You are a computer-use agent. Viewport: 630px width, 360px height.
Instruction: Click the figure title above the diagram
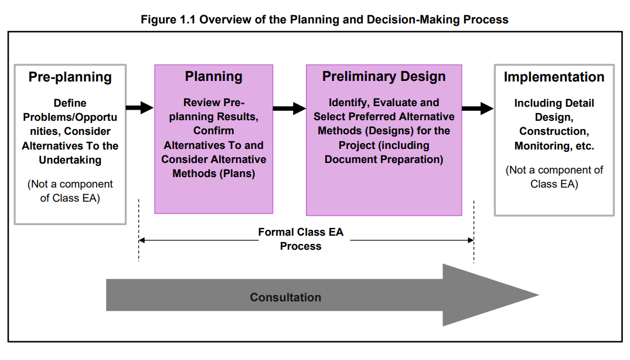[324, 20]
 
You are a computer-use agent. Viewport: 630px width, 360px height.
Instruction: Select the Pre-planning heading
[70, 77]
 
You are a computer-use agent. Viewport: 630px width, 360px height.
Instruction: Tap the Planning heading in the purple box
[214, 76]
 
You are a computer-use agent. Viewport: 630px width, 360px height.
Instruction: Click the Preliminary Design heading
[384, 76]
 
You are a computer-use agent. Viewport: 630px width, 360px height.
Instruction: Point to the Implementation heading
[554, 77]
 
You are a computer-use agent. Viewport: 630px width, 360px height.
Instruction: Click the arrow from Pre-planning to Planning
[140, 108]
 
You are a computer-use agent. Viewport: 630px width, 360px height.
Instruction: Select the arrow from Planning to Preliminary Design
[290, 108]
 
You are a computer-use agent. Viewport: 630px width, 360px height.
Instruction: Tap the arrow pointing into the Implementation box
[478, 108]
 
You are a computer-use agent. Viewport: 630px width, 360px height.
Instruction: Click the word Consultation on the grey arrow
[285, 297]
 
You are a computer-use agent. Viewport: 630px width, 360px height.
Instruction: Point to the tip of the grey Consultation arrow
[539, 295]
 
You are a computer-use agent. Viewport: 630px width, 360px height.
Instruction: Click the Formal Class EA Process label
[301, 239]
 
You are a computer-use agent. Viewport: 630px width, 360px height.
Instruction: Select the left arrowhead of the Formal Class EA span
[141, 240]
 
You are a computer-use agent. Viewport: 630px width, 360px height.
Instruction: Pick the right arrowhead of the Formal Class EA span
[471, 240]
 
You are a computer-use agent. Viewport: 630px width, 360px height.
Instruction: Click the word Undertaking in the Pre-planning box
[70, 160]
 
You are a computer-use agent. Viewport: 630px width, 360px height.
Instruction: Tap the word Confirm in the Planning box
[214, 131]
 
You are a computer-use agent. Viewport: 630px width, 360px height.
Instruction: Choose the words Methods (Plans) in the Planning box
[214, 174]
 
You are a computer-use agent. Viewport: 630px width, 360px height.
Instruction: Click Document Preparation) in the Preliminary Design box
[384, 159]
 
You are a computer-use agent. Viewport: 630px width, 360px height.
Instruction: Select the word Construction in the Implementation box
[553, 131]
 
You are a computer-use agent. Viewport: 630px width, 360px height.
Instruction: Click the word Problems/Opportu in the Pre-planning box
[70, 117]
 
